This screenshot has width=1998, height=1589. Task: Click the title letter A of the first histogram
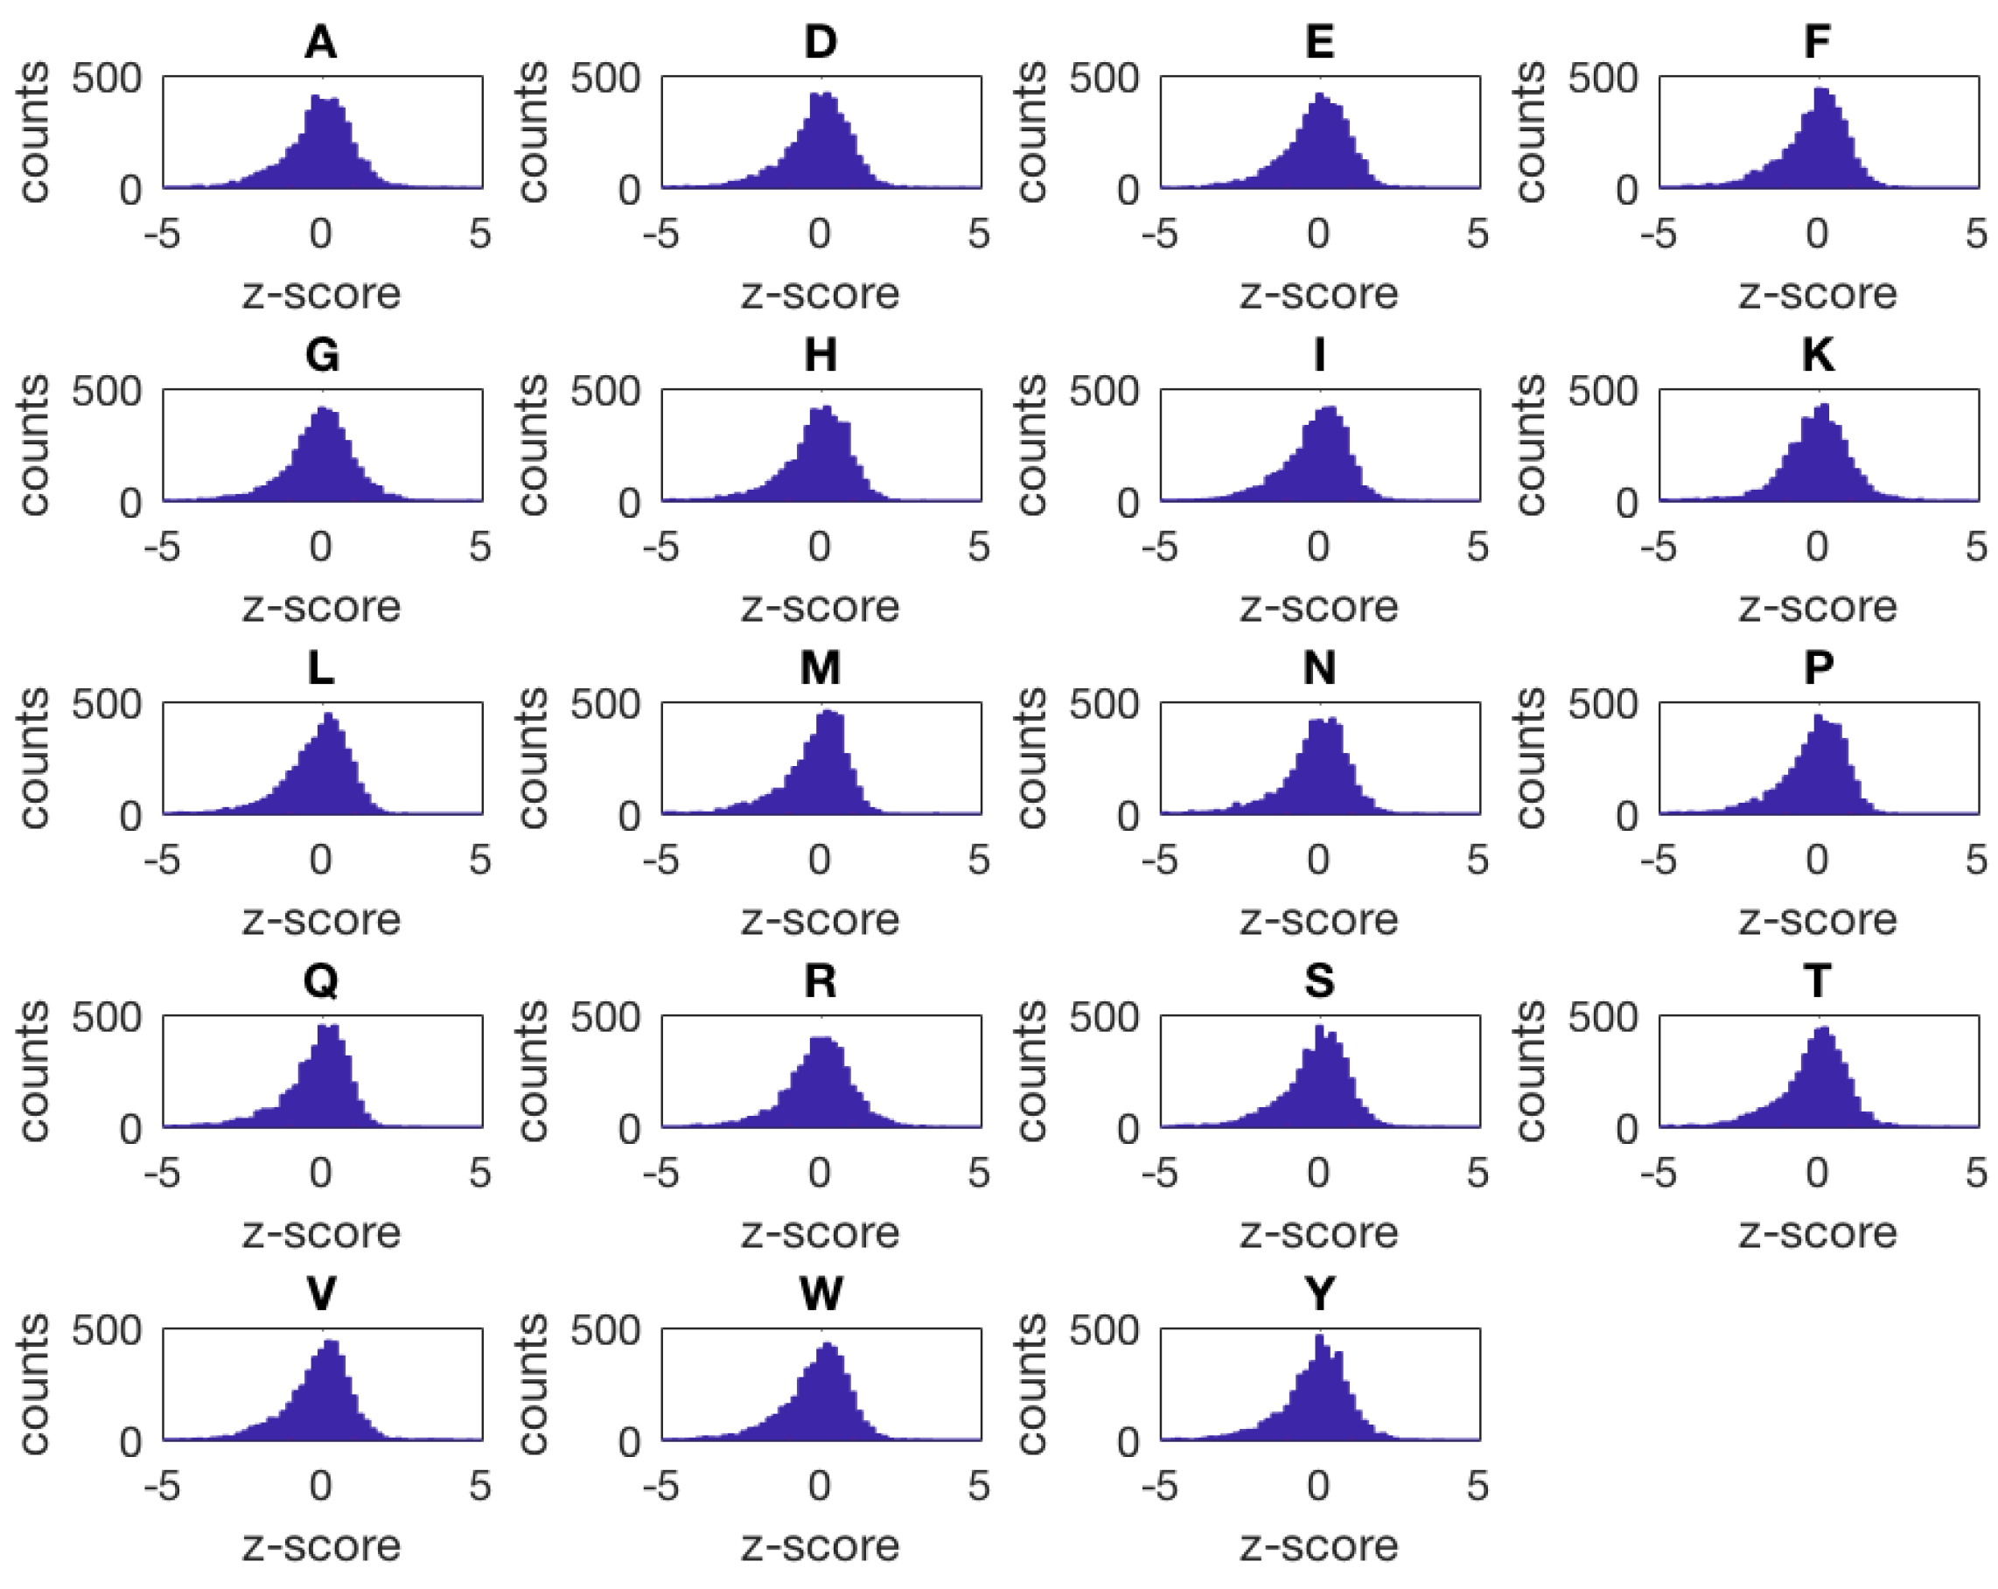click(321, 42)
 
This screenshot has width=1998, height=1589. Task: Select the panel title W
click(821, 1294)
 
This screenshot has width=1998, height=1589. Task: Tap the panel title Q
click(321, 981)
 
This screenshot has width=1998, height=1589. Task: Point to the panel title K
click(1817, 355)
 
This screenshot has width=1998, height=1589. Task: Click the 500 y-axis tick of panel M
click(605, 704)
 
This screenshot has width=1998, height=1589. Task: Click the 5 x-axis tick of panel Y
click(1478, 1487)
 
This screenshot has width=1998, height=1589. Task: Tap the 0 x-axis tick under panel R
click(819, 1174)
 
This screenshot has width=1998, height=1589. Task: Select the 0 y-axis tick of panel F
click(1626, 190)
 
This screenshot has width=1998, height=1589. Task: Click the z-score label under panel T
click(1817, 1233)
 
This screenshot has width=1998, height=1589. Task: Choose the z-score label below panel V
click(321, 1546)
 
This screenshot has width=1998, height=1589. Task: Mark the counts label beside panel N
click(1030, 757)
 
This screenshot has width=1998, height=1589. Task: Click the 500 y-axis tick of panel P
click(1603, 704)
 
